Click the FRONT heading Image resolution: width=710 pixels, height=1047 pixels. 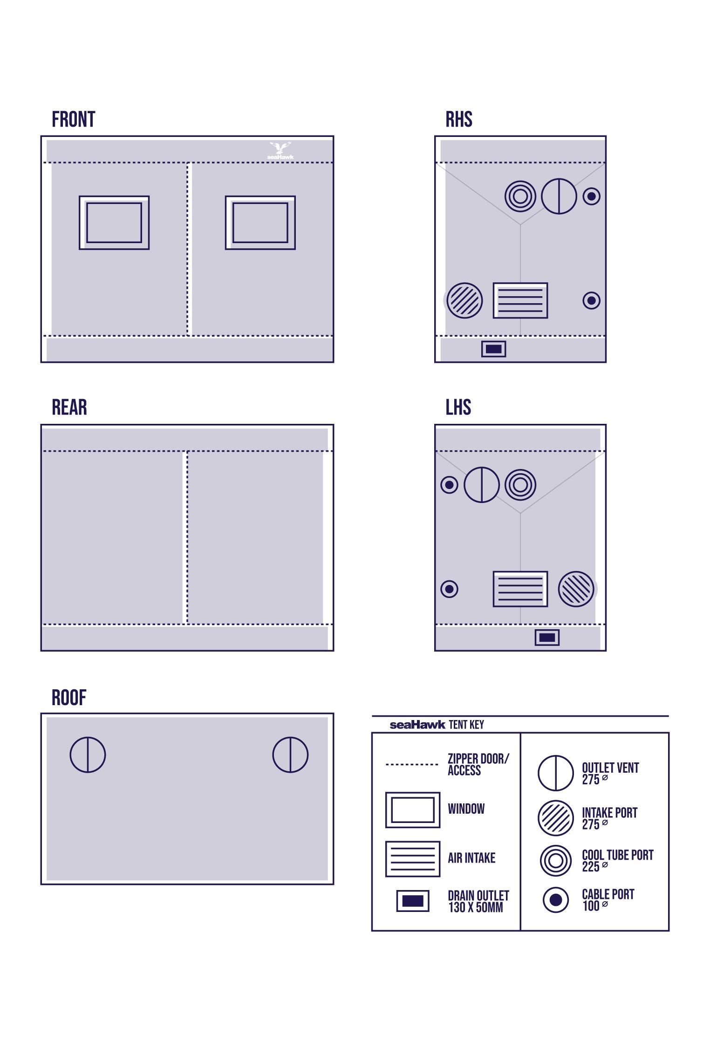[73, 119]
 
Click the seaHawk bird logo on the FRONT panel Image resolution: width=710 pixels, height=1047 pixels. [280, 150]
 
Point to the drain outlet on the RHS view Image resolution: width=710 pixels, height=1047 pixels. [493, 349]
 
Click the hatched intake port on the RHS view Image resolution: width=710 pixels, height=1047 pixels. [464, 300]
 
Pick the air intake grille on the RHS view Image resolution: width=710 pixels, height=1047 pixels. [520, 300]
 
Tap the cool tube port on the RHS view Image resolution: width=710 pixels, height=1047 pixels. [520, 196]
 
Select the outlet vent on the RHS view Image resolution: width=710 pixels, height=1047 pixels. [559, 196]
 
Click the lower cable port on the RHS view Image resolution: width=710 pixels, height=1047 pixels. [591, 300]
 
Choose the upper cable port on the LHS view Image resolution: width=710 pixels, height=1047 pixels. [449, 485]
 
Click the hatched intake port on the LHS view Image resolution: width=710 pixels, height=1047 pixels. [576, 589]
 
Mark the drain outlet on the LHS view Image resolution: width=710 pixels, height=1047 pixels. [547, 638]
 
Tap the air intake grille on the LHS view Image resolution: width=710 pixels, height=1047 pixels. [520, 589]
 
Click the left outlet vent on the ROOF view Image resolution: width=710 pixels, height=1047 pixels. [88, 755]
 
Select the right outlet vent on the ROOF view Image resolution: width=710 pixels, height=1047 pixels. [290, 755]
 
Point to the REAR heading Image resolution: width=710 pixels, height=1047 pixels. [69, 407]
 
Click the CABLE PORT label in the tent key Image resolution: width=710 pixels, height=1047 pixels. [608, 894]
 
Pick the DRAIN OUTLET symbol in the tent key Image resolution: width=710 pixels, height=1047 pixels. [413, 900]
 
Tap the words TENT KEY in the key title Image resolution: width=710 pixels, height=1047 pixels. [466, 725]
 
